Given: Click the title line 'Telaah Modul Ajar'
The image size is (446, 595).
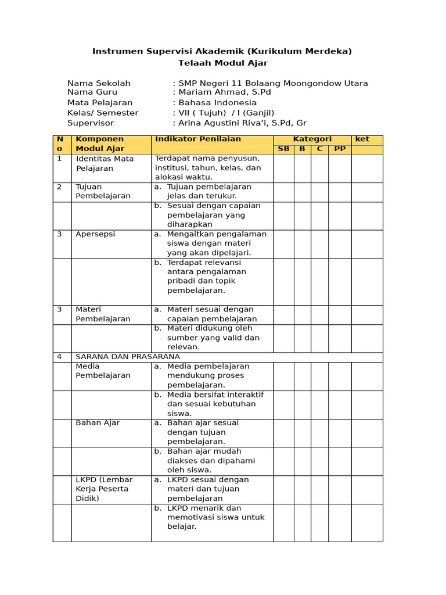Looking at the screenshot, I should [x=222, y=63].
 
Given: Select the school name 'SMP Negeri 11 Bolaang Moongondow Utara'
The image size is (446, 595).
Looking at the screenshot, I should [x=273, y=83].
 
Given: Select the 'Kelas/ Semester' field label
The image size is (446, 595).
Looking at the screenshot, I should [x=103, y=113].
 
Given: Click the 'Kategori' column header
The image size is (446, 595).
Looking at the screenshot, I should [x=312, y=139].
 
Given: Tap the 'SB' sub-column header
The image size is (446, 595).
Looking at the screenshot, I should [x=283, y=149].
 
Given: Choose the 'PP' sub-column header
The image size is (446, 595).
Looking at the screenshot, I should [x=340, y=149].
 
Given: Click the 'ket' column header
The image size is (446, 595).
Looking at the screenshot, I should [x=362, y=139].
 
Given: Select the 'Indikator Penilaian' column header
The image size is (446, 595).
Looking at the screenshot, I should [x=197, y=139].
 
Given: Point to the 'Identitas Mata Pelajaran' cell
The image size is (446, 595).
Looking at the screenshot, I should [x=105, y=163].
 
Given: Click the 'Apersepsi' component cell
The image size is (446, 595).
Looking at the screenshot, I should [x=95, y=234].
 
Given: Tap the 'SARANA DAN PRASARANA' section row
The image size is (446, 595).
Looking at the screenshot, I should [x=128, y=357].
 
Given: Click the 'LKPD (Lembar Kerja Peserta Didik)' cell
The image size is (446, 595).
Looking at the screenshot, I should [x=105, y=489].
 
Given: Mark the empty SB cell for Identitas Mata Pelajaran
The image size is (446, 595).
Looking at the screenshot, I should [x=283, y=169].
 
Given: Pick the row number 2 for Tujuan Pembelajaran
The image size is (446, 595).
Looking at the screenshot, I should [x=59, y=187].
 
